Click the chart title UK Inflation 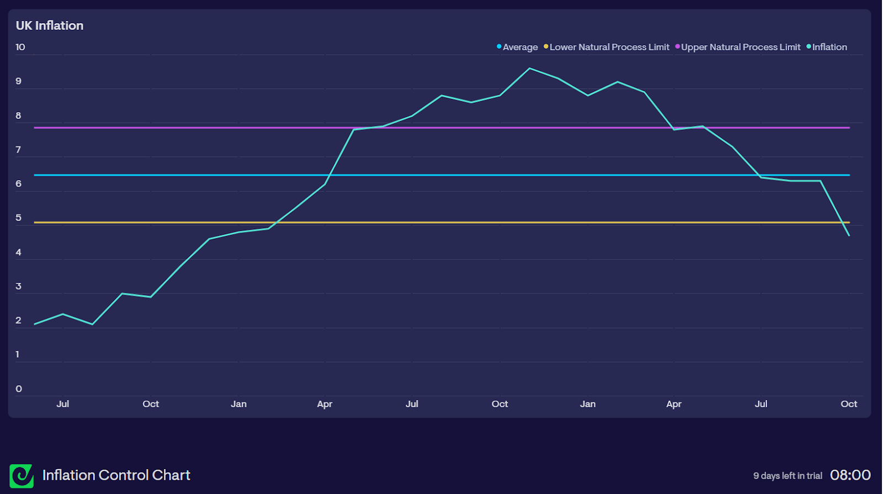[x=50, y=25]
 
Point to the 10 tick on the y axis [x=20, y=47]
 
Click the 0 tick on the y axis [x=19, y=389]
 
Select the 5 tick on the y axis [x=19, y=218]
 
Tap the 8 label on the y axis [x=19, y=115]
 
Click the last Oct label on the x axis [x=849, y=404]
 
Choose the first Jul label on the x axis [x=63, y=404]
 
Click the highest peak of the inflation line [x=530, y=69]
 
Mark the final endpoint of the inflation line [x=849, y=236]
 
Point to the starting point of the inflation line [x=35, y=324]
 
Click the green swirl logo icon [x=22, y=476]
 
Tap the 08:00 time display [x=850, y=475]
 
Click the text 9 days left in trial [x=788, y=476]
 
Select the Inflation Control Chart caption [x=116, y=475]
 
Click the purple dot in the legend [x=678, y=46]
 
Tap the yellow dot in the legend [x=546, y=46]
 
